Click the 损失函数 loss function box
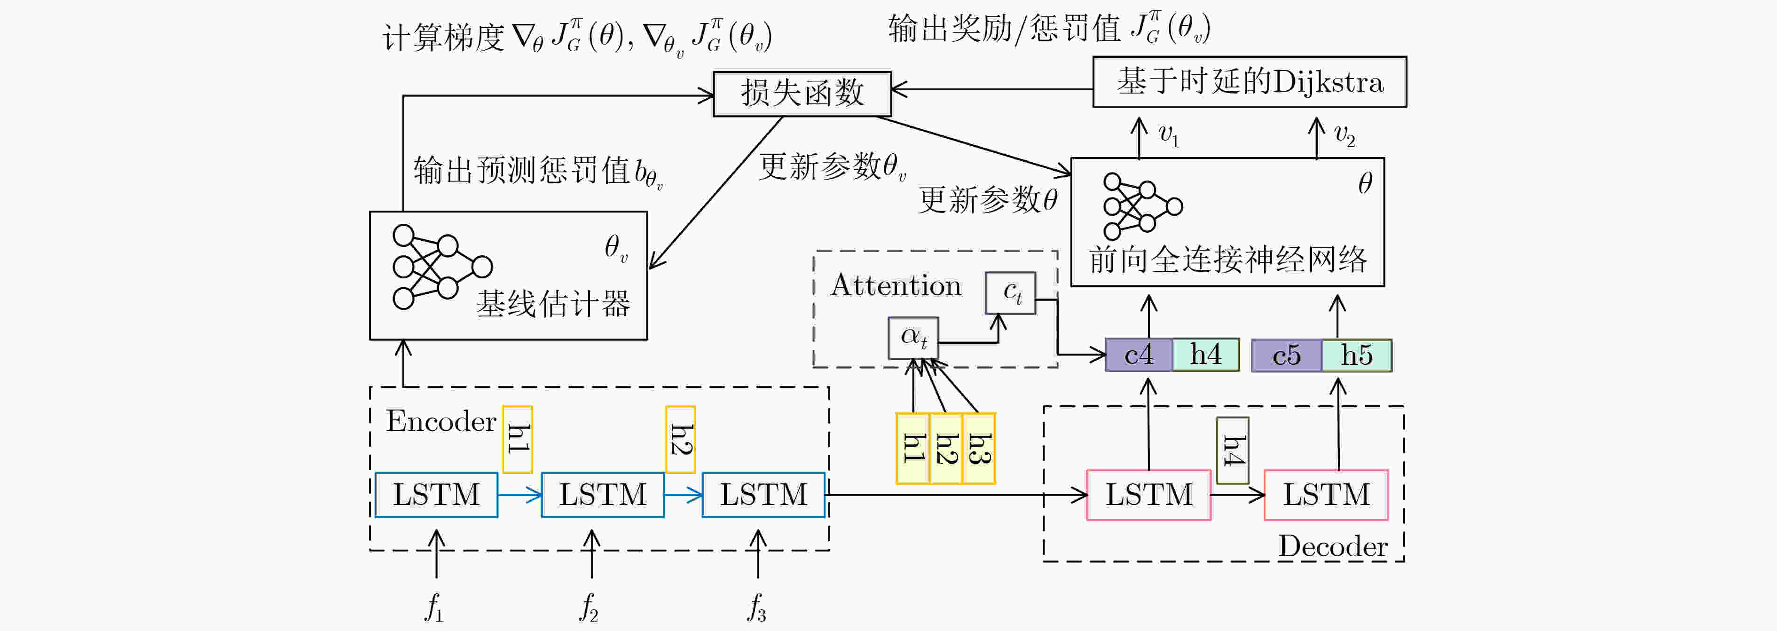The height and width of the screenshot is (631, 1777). pos(802,94)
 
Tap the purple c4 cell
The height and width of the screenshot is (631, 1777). pos(1139,355)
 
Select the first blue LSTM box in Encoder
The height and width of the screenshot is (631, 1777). pos(436,495)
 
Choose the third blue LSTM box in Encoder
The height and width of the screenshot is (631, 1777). pos(763,495)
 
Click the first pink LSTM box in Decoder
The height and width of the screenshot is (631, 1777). pos(1148,495)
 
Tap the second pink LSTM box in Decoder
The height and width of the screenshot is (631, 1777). pos(1326,495)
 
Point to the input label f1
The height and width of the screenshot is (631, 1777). pos(434,607)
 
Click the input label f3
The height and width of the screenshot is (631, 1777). pos(757,607)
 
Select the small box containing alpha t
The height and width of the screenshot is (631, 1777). pos(912,338)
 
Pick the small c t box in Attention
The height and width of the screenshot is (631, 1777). pos(1011,293)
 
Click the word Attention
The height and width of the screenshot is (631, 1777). pos(896,285)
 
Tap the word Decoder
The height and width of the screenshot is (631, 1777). pos(1332,546)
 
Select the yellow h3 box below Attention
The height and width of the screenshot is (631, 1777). pos(979,448)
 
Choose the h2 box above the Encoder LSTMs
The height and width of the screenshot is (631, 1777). pos(680,439)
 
